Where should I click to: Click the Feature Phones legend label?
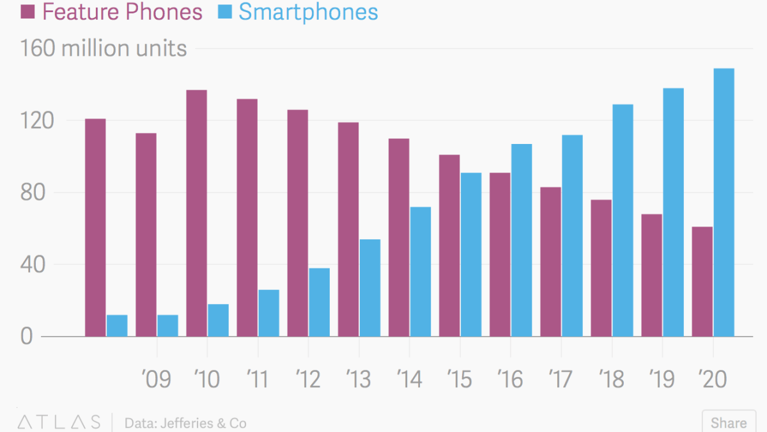[x=122, y=12]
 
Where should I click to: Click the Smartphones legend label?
[x=308, y=12]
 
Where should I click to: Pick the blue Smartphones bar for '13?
[x=369, y=288]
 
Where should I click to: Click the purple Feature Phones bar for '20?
[x=702, y=282]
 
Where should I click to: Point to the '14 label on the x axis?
[x=410, y=380]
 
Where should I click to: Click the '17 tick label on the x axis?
[x=561, y=380]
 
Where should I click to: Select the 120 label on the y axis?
[x=35, y=121]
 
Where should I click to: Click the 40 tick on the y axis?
[x=35, y=264]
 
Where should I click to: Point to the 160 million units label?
[x=104, y=49]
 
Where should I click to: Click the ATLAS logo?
[x=59, y=422]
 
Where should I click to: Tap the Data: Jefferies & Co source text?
[x=185, y=423]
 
